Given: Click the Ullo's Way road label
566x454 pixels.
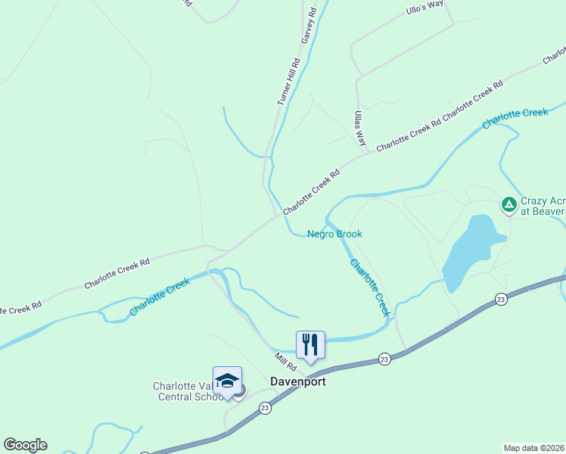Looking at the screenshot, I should pyautogui.click(x=424, y=9).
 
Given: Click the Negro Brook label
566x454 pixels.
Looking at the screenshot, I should pyautogui.click(x=334, y=234).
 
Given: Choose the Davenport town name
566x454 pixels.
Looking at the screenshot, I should pyautogui.click(x=298, y=381).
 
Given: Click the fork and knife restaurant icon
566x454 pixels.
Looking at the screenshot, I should pyautogui.click(x=310, y=345).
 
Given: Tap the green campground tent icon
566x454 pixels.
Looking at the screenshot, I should pyautogui.click(x=509, y=204).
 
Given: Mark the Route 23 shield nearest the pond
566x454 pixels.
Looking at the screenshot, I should pyautogui.click(x=501, y=300).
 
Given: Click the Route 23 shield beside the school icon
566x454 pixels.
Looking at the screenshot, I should pyautogui.click(x=265, y=408).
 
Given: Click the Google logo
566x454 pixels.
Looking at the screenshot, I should pyautogui.click(x=25, y=445).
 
